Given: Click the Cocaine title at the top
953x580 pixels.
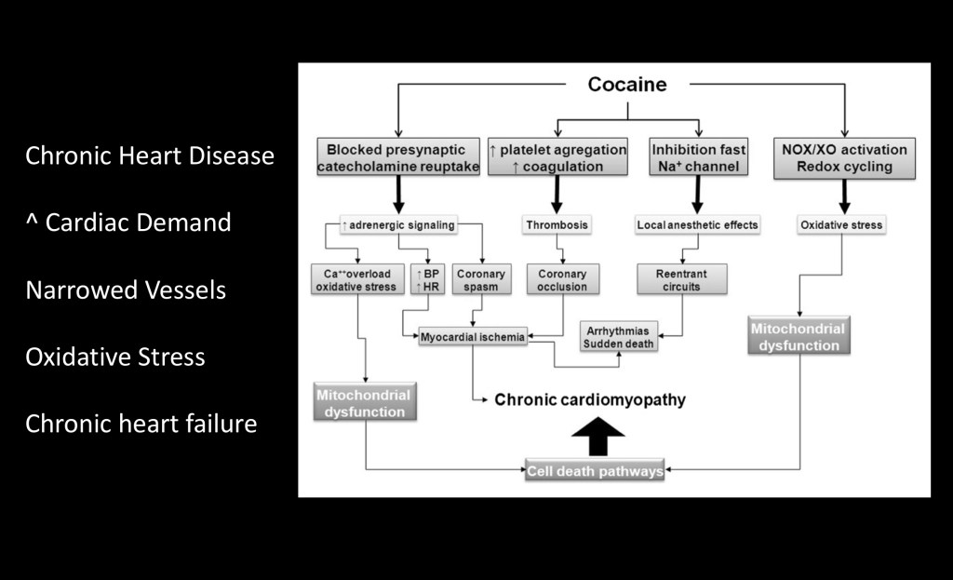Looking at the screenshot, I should coord(626,85).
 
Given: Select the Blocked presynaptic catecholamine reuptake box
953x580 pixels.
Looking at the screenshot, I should coord(398,157).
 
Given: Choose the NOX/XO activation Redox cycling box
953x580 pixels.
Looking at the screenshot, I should coord(845,157).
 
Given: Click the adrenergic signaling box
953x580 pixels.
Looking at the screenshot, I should coord(398,224).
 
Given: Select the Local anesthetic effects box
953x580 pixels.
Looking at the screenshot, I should coord(698,224).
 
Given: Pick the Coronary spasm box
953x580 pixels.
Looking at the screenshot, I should coord(481,279).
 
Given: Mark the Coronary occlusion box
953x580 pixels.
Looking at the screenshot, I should coord(562,279).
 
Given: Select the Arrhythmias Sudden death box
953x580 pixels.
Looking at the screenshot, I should coord(618,336).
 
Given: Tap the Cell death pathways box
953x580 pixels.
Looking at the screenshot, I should coord(595,471).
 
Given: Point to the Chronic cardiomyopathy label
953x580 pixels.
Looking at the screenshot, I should coord(589,399).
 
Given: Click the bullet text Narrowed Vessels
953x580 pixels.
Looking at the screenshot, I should coord(126,290).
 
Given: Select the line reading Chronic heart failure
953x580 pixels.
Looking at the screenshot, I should coord(141,425).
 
